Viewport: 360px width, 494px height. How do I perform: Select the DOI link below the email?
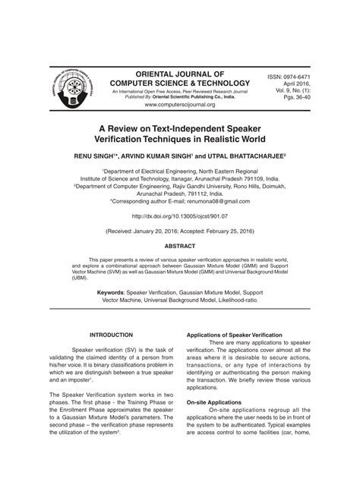pos(179,216)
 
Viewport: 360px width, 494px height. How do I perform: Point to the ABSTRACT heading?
pos(180,247)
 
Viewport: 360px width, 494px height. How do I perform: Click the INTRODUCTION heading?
pos(112,335)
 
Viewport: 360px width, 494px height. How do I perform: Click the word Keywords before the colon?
pos(112,291)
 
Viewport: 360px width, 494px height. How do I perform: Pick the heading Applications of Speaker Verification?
pos(235,335)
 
